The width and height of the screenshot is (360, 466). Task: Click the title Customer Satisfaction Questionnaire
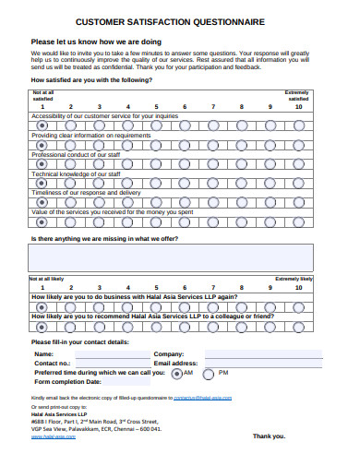pyautogui.click(x=181, y=21)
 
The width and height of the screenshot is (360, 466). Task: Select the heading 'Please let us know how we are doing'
pyautogui.click(x=97, y=42)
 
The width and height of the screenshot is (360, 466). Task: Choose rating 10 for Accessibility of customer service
pyautogui.click(x=298, y=125)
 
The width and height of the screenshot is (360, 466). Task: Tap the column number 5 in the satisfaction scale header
pyautogui.click(x=155, y=106)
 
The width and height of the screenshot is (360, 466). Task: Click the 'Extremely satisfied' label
pyautogui.click(x=297, y=96)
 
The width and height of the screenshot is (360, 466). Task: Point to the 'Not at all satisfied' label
pyautogui.click(x=43, y=96)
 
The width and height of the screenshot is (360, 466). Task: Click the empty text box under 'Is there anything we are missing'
pyautogui.click(x=172, y=257)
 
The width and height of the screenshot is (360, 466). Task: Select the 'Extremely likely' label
pyautogui.click(x=294, y=278)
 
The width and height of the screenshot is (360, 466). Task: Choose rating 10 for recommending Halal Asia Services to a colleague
pyautogui.click(x=298, y=326)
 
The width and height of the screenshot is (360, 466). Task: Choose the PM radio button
pyautogui.click(x=208, y=374)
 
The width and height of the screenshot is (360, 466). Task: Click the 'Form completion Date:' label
pyautogui.click(x=68, y=382)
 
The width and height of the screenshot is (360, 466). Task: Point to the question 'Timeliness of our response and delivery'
pyautogui.click(x=87, y=193)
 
